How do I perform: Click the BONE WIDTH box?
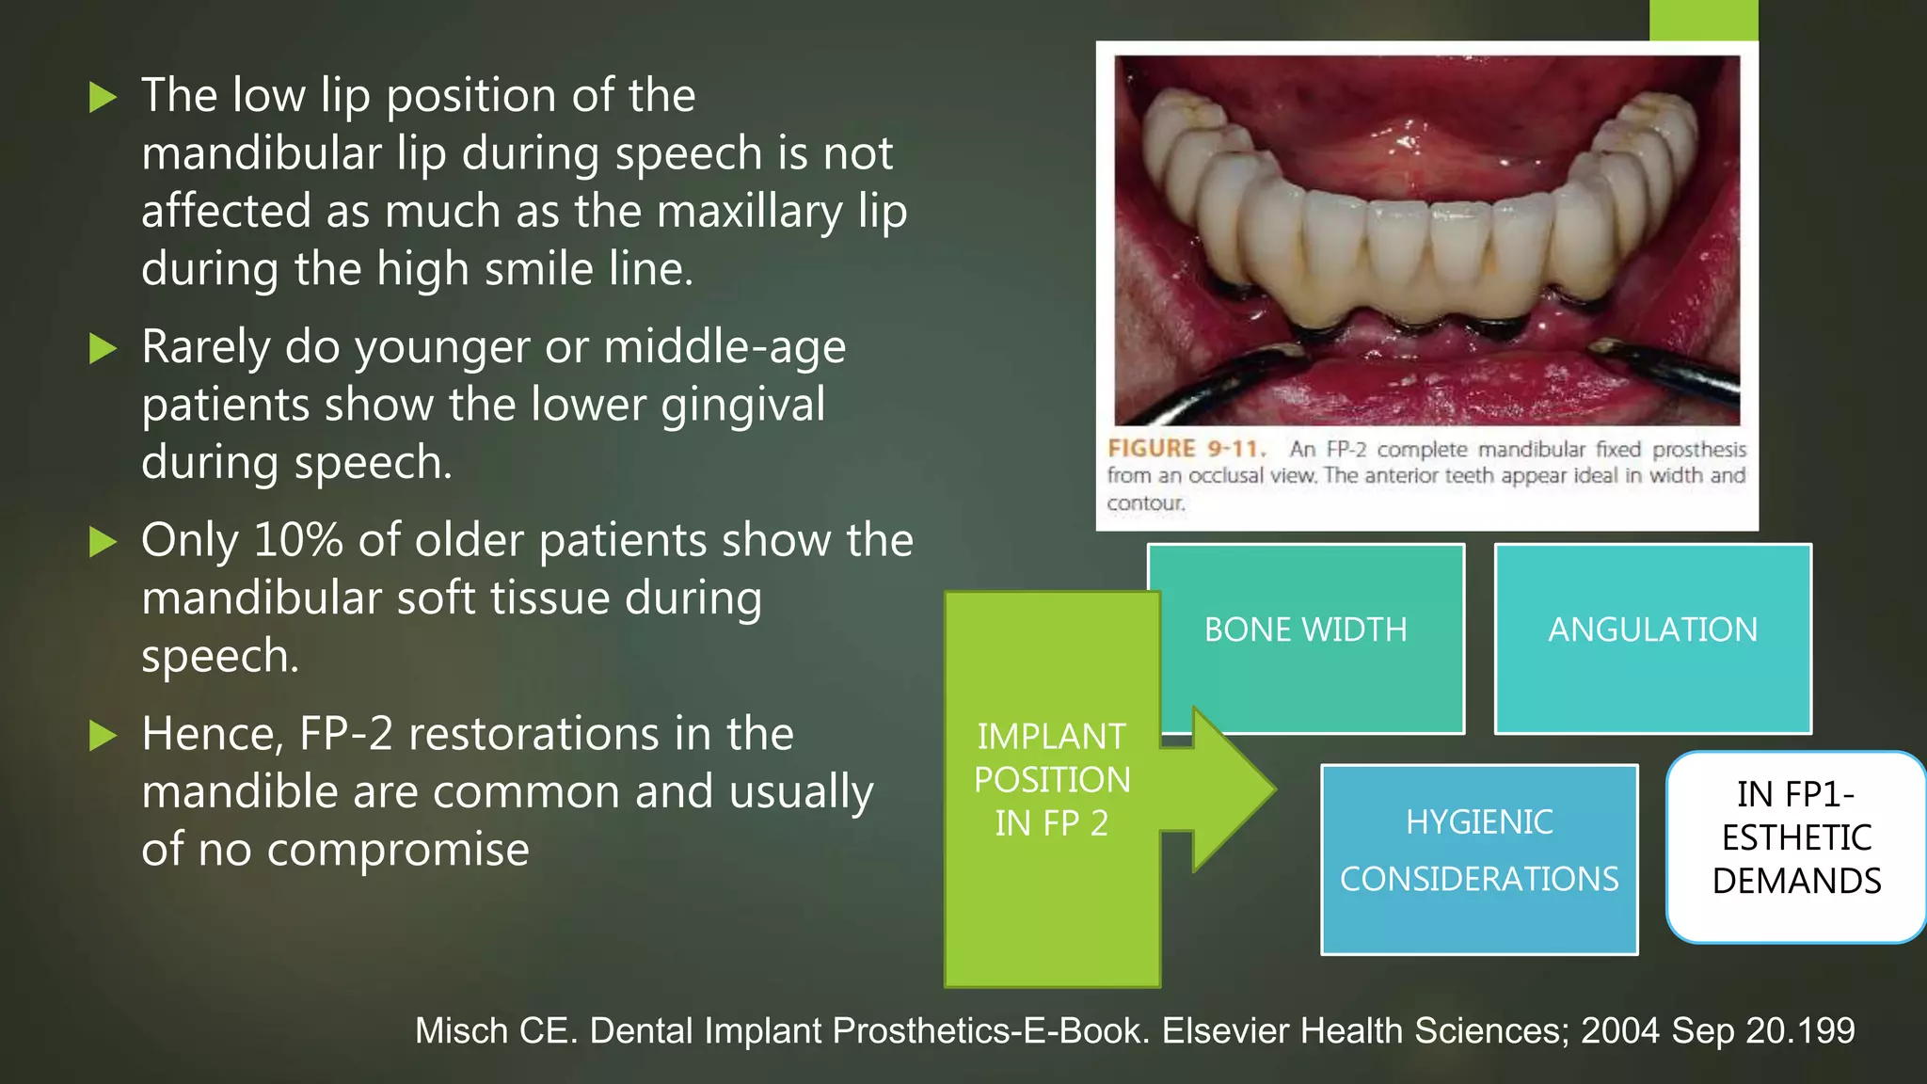coord(1306,630)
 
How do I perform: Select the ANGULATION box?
coord(1652,630)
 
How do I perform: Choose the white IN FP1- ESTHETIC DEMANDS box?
coord(1796,838)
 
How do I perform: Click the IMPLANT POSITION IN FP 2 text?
coord(1051,780)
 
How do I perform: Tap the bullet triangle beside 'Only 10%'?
coord(102,542)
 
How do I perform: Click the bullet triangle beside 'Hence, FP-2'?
coord(102,736)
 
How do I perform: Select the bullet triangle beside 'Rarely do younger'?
coord(102,349)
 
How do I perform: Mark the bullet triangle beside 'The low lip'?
coord(102,97)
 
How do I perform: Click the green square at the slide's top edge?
coord(1703,20)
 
